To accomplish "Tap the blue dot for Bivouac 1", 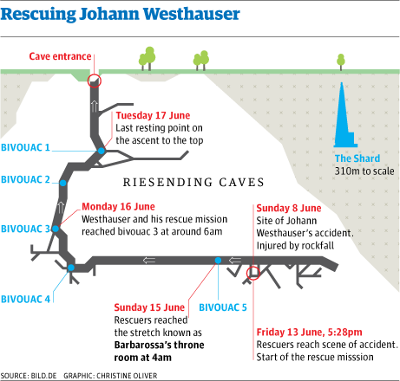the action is tap(102, 151).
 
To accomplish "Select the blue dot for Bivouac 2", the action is tap(63, 183).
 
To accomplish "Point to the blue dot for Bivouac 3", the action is tap(56, 229).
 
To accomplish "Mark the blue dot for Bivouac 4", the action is tap(71, 268).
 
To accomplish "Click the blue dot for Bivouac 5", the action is tap(218, 261).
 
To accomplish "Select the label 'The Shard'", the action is tap(357, 158).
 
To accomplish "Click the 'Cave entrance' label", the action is tap(60, 56).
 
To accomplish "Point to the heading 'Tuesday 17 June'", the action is tap(153, 115).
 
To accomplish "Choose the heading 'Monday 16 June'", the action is tap(118, 206).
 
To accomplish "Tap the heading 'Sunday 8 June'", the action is tap(289, 208).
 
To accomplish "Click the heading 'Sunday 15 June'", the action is tap(149, 307).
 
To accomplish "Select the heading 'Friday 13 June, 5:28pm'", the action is tap(309, 333).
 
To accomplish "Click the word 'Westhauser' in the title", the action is tap(192, 14).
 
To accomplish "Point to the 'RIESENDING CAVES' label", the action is tap(193, 183).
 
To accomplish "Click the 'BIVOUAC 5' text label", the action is tap(223, 307).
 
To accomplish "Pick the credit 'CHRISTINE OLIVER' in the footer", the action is tap(127, 376).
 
